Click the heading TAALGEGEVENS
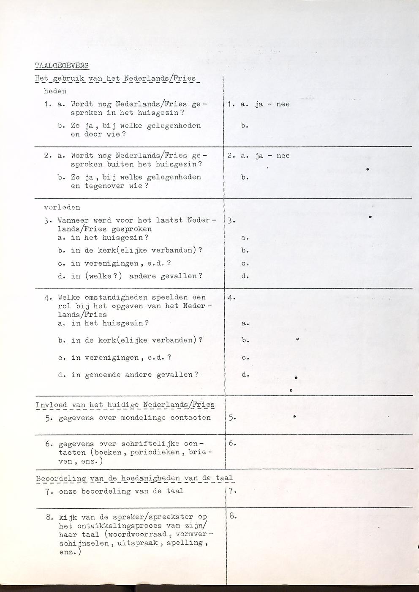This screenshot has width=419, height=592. [62, 65]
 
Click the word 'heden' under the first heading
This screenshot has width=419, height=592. [55, 91]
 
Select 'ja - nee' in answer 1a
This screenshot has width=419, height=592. [272, 104]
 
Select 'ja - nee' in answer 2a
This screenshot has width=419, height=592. [272, 156]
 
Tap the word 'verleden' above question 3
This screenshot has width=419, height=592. [62, 207]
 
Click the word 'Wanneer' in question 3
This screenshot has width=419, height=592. [73, 220]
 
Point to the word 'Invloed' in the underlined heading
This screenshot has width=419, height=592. [52, 405]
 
